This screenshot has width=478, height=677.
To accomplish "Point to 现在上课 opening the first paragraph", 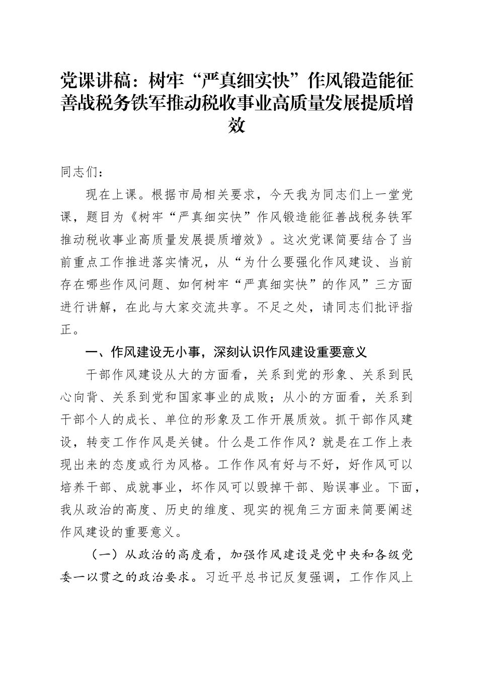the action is click(x=111, y=195).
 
